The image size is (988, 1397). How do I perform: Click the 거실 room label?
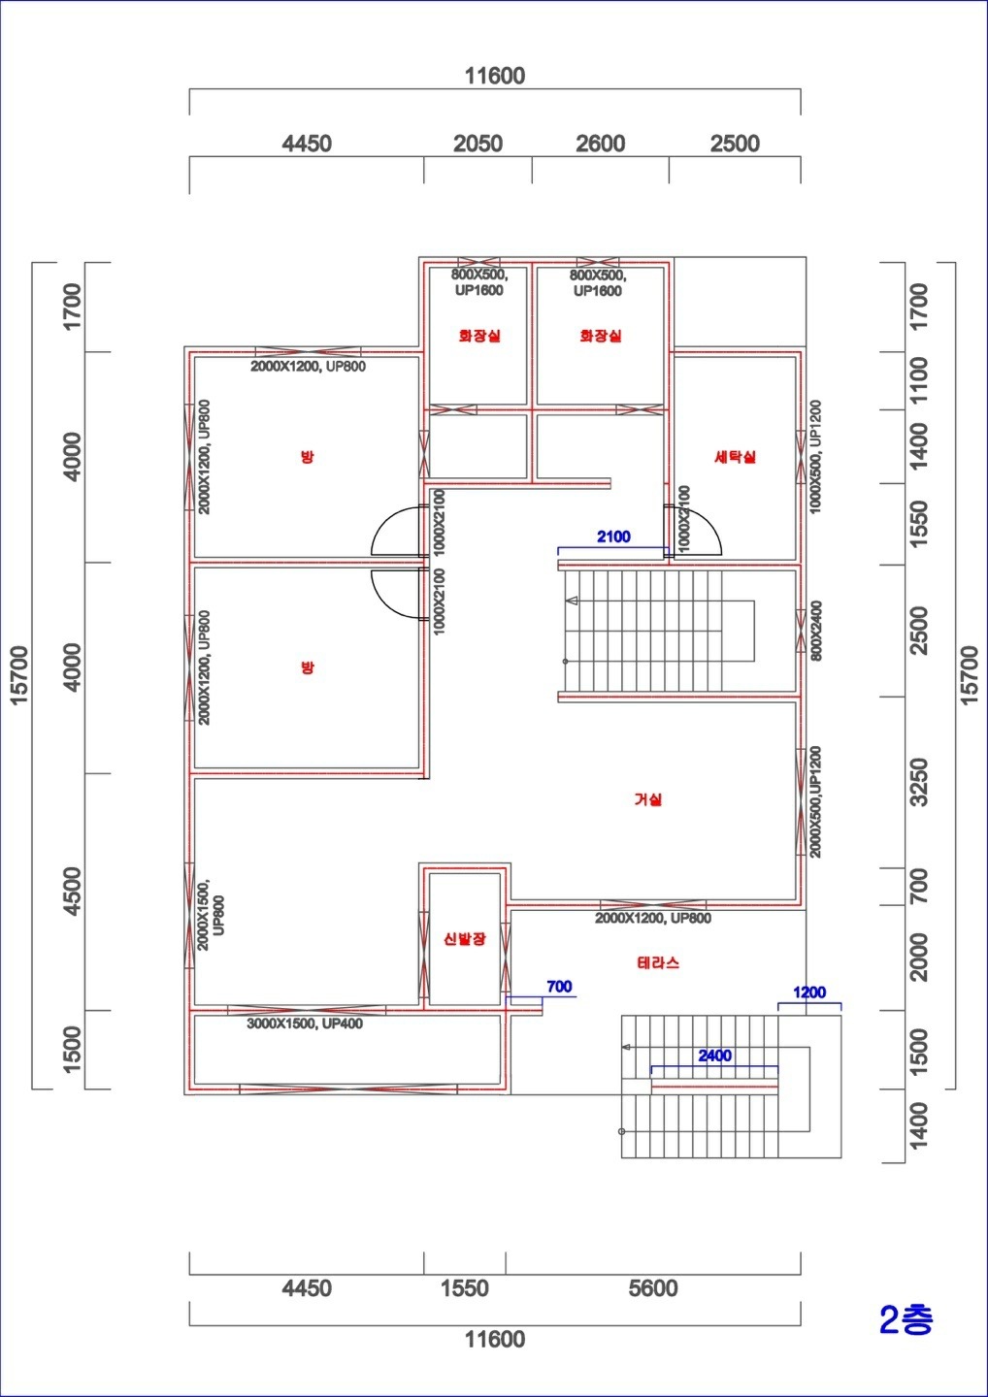coord(647,799)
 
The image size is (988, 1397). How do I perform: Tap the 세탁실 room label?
coord(735,457)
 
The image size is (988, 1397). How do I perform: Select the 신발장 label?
coord(465,939)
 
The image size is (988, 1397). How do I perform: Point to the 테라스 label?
coord(658,962)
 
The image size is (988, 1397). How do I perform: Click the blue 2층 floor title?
coord(906,1319)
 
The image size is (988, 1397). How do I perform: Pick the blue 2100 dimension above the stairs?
coord(613,536)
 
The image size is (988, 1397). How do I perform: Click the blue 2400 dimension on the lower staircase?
coord(714,1056)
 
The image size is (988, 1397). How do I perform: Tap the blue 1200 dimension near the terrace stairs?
coord(809,992)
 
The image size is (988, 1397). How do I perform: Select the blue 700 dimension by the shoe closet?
coord(559,986)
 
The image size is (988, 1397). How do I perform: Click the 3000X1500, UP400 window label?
coord(305,1023)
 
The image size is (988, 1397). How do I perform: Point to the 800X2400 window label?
coord(816,632)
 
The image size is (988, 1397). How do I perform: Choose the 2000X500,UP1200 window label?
coord(815,802)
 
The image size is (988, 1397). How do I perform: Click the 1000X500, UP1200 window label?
coord(815,457)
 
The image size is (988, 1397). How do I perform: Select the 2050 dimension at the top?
coord(478,144)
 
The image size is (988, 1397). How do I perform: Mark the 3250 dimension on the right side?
coord(919,782)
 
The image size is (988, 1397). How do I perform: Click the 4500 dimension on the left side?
coord(73,892)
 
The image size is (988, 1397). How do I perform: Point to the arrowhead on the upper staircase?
coord(572,601)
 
